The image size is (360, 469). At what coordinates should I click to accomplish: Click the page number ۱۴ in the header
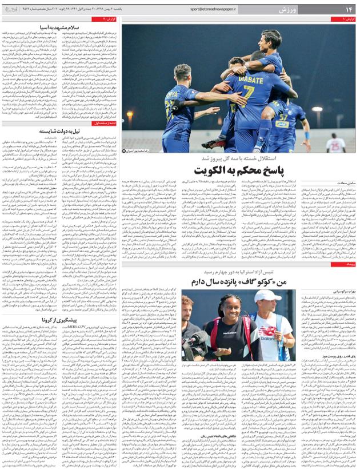coord(348,10)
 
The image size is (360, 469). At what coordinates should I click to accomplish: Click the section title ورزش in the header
coord(288,10)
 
